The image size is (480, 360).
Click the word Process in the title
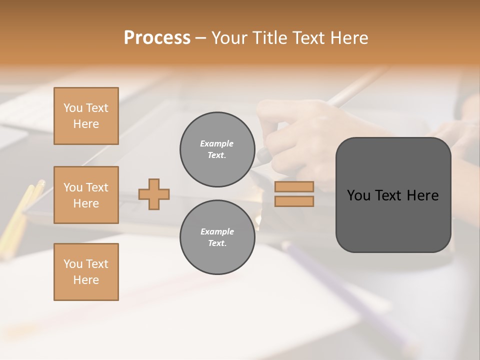157,38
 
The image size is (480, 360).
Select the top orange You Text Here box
86,116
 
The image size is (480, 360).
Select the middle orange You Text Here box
86,195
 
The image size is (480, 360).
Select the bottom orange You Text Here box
86,271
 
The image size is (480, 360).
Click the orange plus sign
154,194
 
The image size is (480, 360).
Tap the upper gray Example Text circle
217,149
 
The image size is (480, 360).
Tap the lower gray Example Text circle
217,237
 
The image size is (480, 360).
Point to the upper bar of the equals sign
294,186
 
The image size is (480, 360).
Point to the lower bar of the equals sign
294,201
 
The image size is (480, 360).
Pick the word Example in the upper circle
217,143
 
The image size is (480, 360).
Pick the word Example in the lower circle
217,231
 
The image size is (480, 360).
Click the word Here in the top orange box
86,124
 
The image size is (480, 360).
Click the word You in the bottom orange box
72,264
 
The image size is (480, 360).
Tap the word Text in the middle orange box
97,187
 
